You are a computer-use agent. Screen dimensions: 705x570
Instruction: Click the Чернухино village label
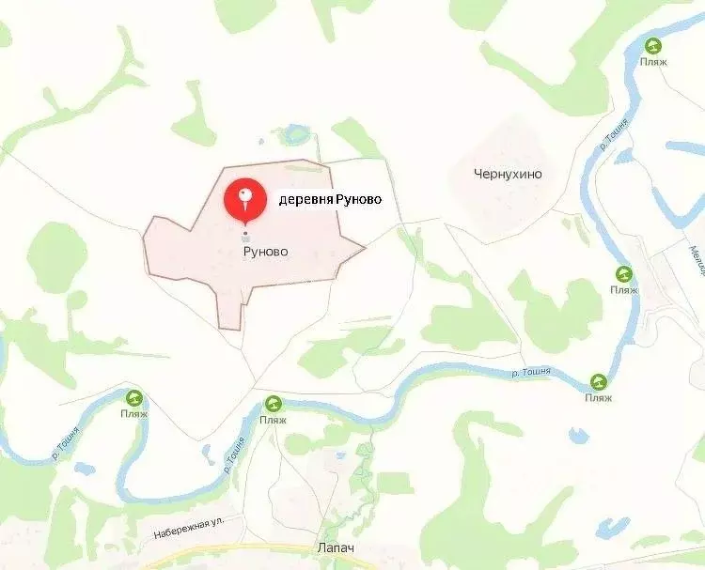point(509,174)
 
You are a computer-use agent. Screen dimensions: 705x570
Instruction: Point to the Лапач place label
point(337,548)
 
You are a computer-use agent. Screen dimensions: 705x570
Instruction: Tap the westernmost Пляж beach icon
point(134,398)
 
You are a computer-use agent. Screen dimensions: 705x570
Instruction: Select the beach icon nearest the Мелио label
point(623,274)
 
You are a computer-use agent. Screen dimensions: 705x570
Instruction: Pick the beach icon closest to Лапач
point(273,402)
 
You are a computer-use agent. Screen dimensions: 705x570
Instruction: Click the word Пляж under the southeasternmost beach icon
point(598,398)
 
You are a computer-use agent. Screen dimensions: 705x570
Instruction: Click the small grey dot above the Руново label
point(245,233)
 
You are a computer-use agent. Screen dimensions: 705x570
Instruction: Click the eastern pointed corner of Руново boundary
point(364,248)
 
